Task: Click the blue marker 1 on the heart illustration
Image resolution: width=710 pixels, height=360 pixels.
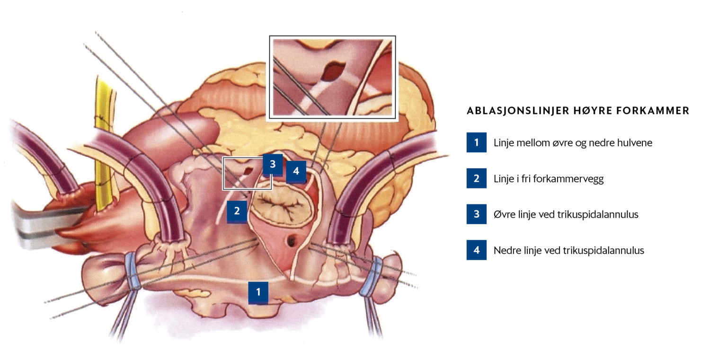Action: (258, 292)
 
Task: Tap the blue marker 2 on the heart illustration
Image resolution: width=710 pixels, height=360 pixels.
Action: (237, 211)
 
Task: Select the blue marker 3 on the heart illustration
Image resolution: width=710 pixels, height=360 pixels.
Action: (273, 164)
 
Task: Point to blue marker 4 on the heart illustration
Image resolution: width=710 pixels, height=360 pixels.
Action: (296, 171)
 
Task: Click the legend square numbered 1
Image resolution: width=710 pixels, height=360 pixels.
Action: (476, 142)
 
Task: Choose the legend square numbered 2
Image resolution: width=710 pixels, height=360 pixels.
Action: (476, 178)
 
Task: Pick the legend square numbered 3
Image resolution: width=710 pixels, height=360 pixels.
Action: (476, 214)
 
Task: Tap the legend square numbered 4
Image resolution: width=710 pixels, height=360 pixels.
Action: (476, 250)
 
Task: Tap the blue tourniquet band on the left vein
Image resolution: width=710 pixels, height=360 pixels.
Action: (133, 271)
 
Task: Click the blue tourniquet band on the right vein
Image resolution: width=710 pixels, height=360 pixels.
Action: (373, 276)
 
